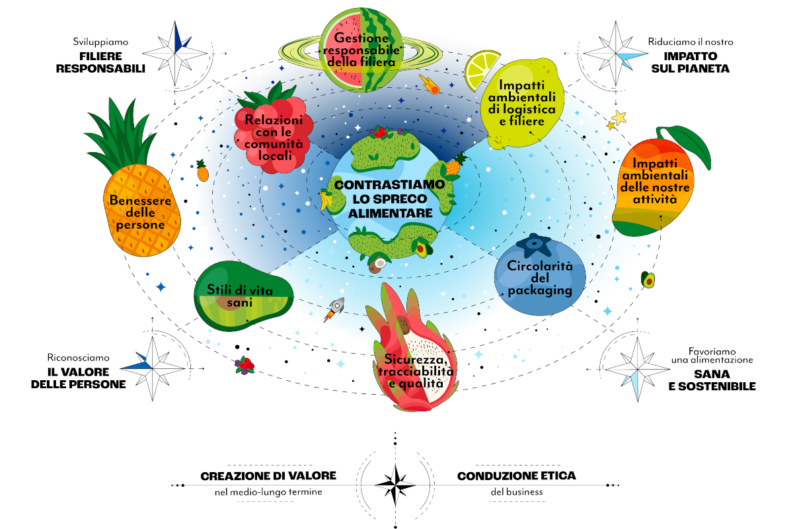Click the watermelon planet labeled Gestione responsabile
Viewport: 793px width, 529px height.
pos(360,50)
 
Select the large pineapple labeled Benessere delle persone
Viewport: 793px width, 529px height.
pos(135,184)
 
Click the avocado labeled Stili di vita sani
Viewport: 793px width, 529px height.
pos(244,296)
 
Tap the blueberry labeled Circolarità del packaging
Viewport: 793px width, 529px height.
pos(539,275)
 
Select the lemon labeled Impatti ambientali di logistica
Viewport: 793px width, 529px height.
pos(522,102)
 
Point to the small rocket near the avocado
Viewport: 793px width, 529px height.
pos(334,309)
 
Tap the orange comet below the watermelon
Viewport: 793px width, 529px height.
pos(430,85)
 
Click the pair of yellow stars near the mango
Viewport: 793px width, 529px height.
pos(617,120)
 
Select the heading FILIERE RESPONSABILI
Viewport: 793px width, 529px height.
pos(100,62)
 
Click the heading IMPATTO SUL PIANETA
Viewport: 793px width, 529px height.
pos(691,62)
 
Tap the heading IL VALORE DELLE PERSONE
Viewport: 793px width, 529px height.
pos(78,378)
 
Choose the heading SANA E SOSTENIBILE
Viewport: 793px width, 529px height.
pos(712,380)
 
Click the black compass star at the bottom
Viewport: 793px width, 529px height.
pos(395,485)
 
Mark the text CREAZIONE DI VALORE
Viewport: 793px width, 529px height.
pos(268,476)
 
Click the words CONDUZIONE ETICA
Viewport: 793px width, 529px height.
pos(517,476)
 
